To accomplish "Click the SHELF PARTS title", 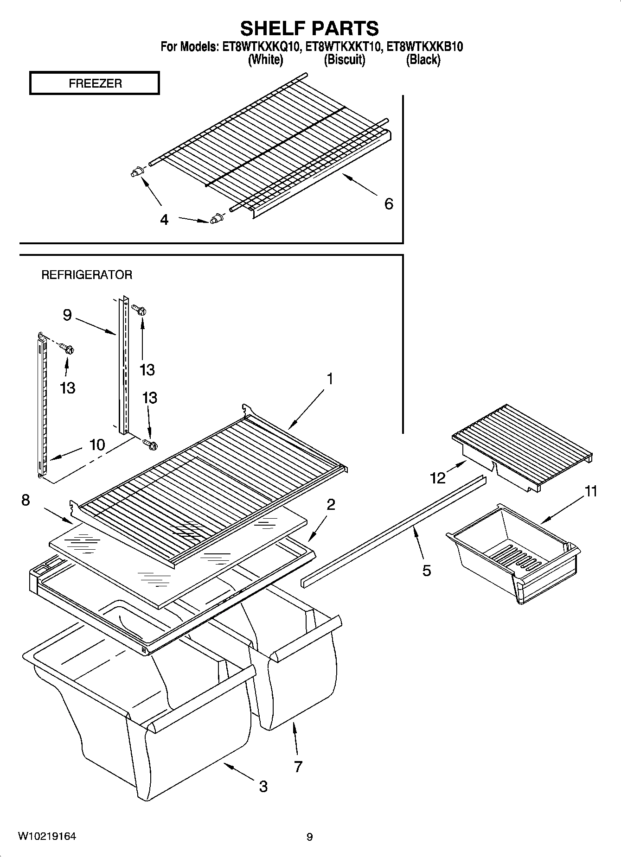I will pyautogui.click(x=309, y=28).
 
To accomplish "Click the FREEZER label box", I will pyautogui.click(x=95, y=83).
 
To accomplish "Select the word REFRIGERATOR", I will pyautogui.click(x=87, y=275).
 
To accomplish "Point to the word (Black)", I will pyautogui.click(x=423, y=59).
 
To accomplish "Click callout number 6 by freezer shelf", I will pyautogui.click(x=389, y=203).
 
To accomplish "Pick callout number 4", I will pyautogui.click(x=164, y=220).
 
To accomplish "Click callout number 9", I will pyautogui.click(x=67, y=315).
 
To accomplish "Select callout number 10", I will pyautogui.click(x=97, y=445).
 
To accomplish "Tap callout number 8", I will pyautogui.click(x=26, y=500).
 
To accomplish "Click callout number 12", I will pyautogui.click(x=438, y=477).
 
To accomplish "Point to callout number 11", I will pyautogui.click(x=590, y=491).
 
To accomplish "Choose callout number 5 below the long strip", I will pyautogui.click(x=427, y=570).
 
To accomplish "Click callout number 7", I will pyautogui.click(x=298, y=767).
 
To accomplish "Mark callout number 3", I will pyautogui.click(x=263, y=786).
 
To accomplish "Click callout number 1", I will pyautogui.click(x=330, y=379).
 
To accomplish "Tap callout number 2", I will pyautogui.click(x=331, y=504).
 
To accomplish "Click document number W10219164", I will pyautogui.click(x=47, y=837).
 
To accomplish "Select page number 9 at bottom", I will pyautogui.click(x=310, y=837).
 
